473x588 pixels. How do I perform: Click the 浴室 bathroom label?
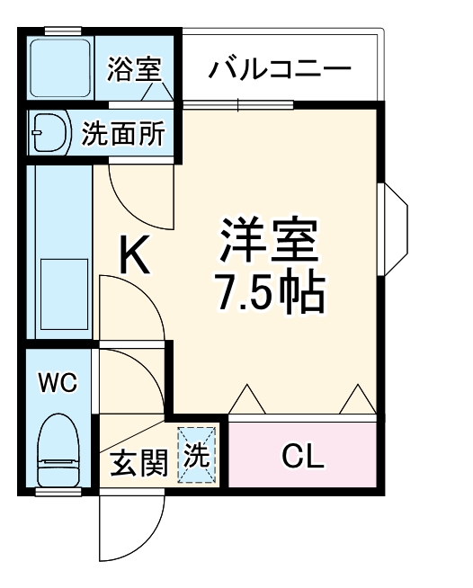click(134, 69)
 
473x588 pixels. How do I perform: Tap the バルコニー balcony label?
click(280, 68)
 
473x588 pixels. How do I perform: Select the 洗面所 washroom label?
click(123, 133)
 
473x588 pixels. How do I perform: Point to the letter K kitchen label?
click(135, 254)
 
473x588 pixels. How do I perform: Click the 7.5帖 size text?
click(269, 295)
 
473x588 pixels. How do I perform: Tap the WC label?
click(58, 382)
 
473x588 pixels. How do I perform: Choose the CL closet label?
click(302, 456)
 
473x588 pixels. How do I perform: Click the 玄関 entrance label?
click(138, 464)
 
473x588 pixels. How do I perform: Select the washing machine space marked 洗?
click(197, 455)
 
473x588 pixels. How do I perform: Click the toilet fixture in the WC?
click(58, 450)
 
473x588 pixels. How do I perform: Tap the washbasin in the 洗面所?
click(50, 133)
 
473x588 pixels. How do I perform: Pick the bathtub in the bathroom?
click(60, 67)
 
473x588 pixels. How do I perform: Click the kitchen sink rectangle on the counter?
click(64, 294)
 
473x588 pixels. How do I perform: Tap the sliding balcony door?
click(237, 105)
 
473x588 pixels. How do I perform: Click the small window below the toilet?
click(58, 492)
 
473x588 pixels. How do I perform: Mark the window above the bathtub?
click(63, 31)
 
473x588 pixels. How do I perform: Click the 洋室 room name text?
click(269, 240)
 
